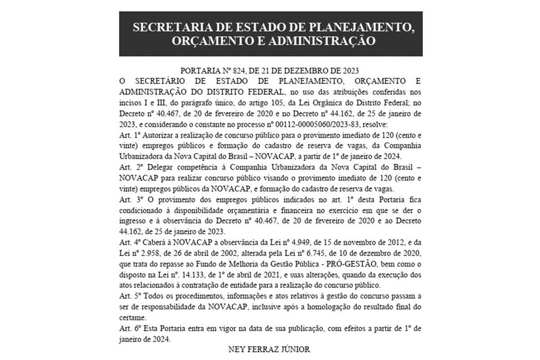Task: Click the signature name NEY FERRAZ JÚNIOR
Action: click(270, 349)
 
